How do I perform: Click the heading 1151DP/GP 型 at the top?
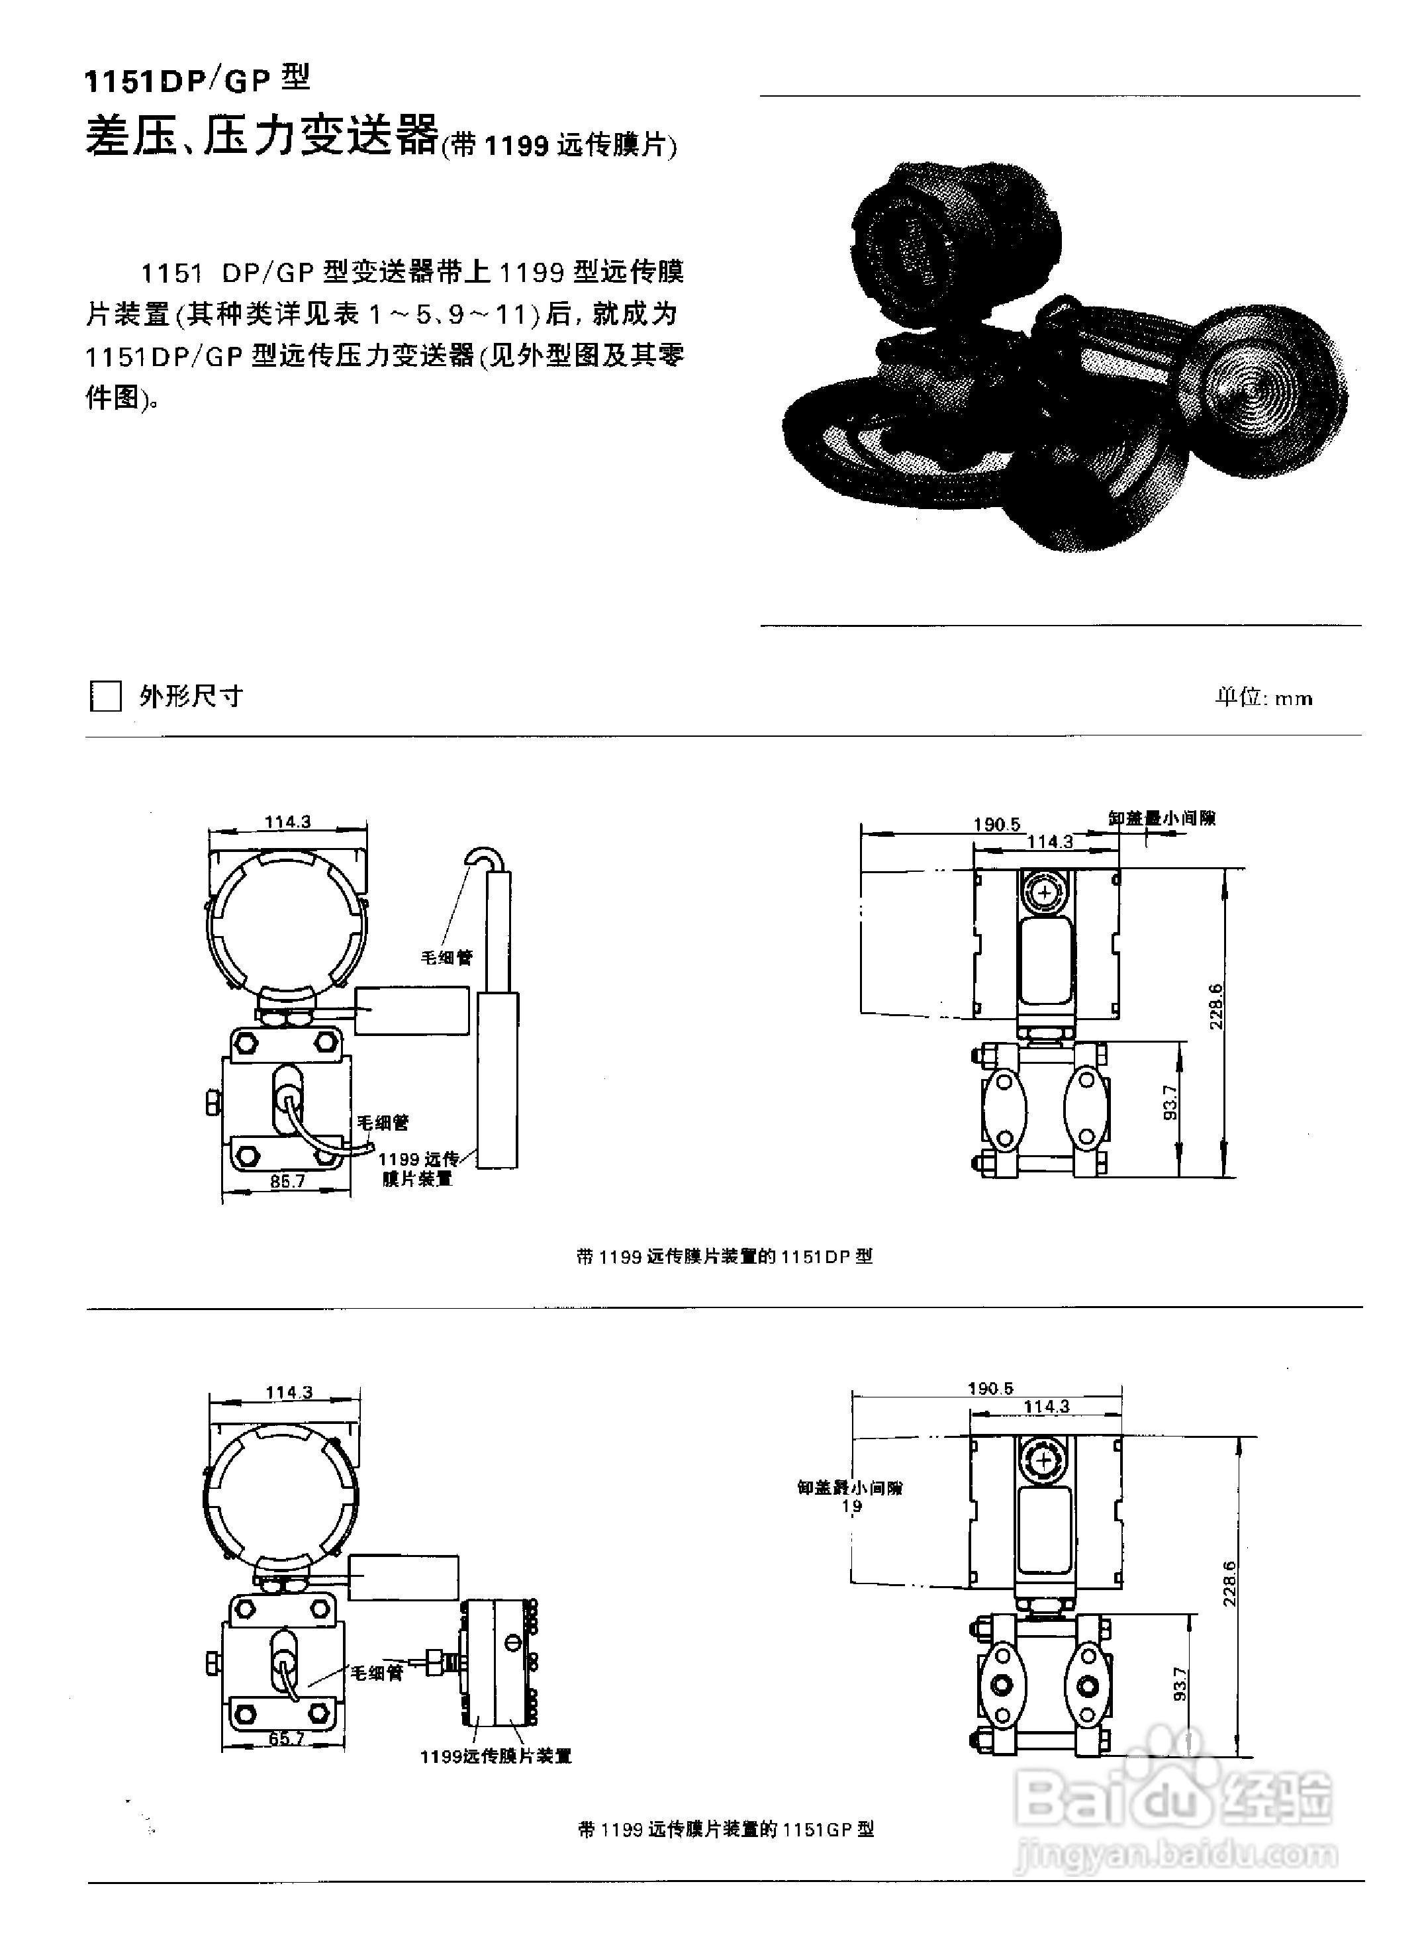click(197, 79)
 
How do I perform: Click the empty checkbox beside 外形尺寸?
click(105, 696)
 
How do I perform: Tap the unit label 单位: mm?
click(1264, 697)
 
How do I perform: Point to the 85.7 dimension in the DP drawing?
click(287, 1181)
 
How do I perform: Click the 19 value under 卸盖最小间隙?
click(851, 1506)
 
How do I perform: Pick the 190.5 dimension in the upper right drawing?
click(997, 824)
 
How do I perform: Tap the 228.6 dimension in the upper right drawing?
click(1216, 1006)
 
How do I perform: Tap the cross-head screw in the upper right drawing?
click(1045, 892)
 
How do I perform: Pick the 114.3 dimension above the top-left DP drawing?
click(287, 822)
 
